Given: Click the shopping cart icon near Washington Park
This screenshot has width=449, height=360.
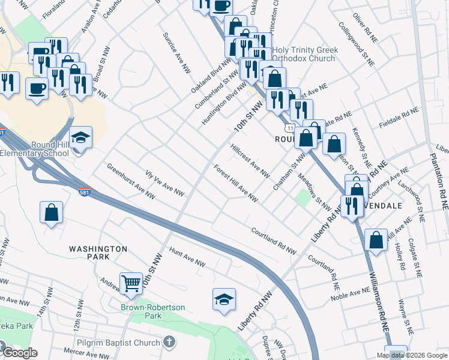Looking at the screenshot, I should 131,282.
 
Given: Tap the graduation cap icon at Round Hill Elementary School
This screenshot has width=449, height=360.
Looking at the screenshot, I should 80,138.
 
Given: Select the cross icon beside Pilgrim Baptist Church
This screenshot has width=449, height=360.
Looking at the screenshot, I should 170,342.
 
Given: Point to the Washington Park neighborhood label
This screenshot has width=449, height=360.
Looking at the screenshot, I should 98,253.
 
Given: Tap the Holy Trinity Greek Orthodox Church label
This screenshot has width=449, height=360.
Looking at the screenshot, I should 305,55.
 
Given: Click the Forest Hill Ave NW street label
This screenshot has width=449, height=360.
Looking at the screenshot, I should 235,184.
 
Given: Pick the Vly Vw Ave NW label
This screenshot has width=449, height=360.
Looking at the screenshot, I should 164,183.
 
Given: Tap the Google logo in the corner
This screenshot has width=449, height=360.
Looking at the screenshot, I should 19,353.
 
